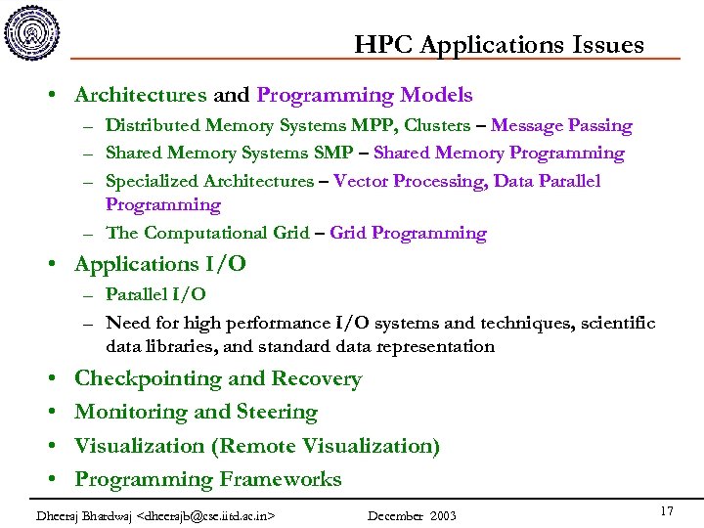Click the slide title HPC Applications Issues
tap(499, 45)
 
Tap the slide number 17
tap(667, 511)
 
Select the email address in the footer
tap(207, 515)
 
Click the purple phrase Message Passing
tap(561, 126)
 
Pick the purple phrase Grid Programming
tap(408, 233)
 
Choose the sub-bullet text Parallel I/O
tap(155, 294)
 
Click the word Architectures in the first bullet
tap(141, 96)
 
